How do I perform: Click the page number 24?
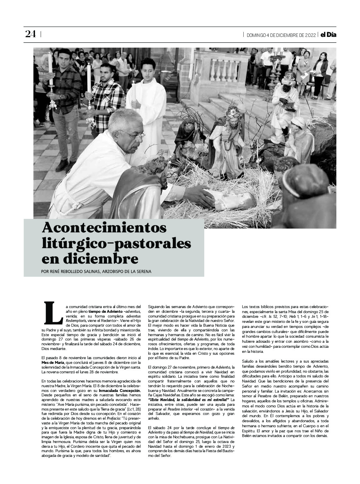[x=31, y=34]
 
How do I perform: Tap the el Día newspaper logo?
[x=328, y=35]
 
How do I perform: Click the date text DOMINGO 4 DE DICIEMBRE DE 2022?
[x=281, y=35]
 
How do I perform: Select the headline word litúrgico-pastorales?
[x=116, y=243]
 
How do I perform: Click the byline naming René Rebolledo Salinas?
[x=96, y=271]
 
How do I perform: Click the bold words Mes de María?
[x=51, y=363]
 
